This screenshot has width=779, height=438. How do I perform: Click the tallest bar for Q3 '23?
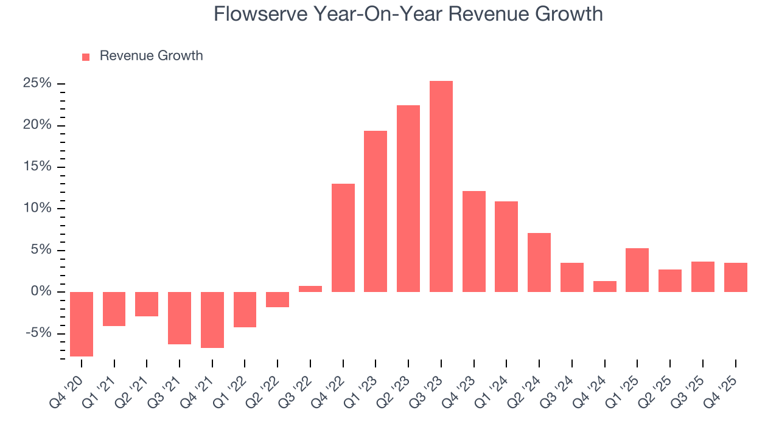(441, 186)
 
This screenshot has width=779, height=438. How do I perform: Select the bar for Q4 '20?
(82, 324)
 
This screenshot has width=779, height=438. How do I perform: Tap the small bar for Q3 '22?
(310, 289)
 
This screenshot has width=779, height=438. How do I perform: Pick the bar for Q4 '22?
(343, 238)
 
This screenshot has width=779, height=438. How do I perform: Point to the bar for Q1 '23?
(376, 211)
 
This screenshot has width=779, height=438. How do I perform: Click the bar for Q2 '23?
(408, 198)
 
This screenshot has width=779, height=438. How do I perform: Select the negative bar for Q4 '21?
(212, 320)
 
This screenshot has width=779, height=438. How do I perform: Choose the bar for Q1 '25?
(637, 270)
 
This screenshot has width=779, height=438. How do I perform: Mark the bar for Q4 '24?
(605, 287)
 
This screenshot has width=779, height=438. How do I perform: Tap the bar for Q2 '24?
(539, 262)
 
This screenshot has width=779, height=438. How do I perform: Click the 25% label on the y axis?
(37, 83)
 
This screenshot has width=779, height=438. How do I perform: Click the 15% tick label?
(37, 167)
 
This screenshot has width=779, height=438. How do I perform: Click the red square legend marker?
(86, 57)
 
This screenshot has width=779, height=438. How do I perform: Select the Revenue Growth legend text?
(151, 56)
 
